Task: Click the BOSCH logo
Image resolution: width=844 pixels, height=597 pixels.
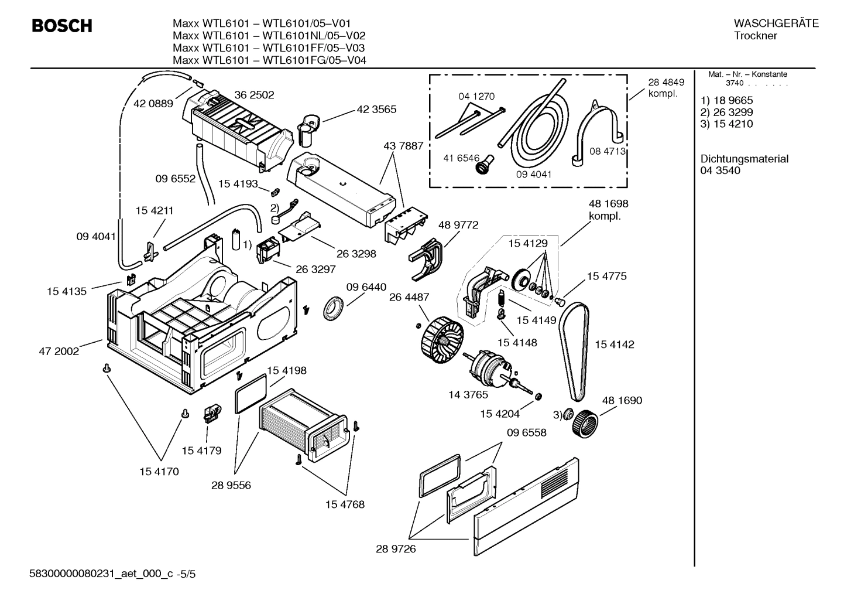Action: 61,26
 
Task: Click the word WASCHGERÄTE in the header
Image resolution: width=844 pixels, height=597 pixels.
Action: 776,23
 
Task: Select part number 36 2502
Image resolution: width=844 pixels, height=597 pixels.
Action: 254,95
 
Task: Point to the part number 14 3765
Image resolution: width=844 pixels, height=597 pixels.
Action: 468,395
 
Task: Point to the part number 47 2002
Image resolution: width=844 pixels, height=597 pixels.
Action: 59,352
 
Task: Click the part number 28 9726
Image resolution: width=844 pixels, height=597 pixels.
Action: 396,549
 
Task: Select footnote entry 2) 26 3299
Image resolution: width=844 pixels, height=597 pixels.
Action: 726,112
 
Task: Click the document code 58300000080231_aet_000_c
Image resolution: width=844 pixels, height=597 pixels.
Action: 101,575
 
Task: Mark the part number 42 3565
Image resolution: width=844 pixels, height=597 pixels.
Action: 376,109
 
